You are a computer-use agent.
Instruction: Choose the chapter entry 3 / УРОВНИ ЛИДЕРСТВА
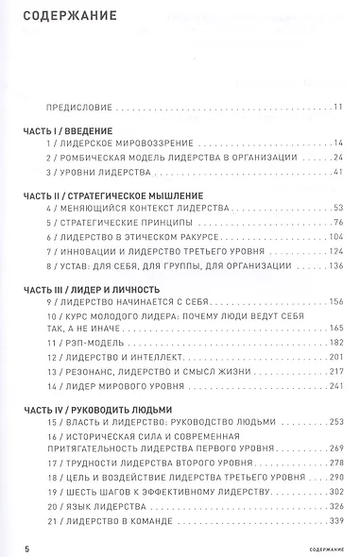97,174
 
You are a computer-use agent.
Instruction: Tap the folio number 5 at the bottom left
14,548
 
